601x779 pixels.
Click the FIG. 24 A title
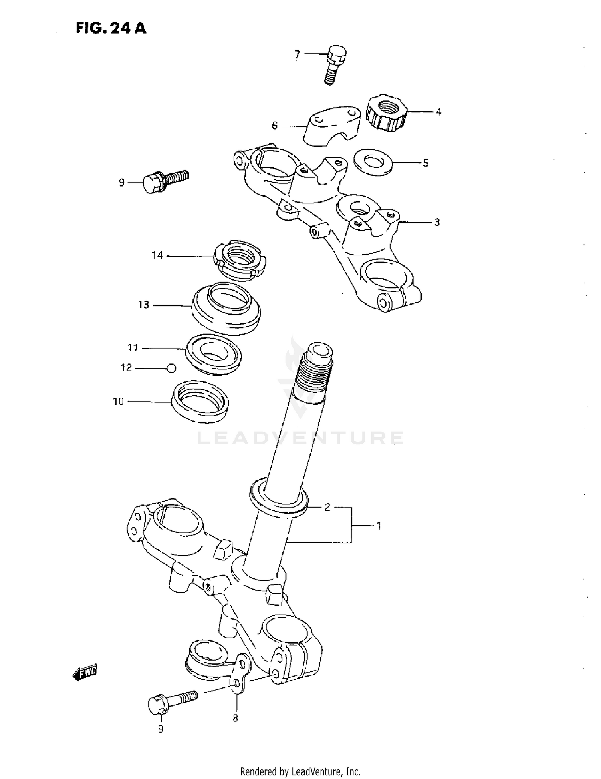pos(111,28)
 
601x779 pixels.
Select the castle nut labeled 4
pos(386,113)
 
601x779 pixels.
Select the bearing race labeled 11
pos(214,354)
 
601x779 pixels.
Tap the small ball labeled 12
pos(171,368)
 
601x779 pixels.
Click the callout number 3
pos(437,222)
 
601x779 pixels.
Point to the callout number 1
pos(378,526)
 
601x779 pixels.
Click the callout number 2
pos(327,508)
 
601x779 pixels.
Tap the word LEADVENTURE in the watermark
pos(300,438)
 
